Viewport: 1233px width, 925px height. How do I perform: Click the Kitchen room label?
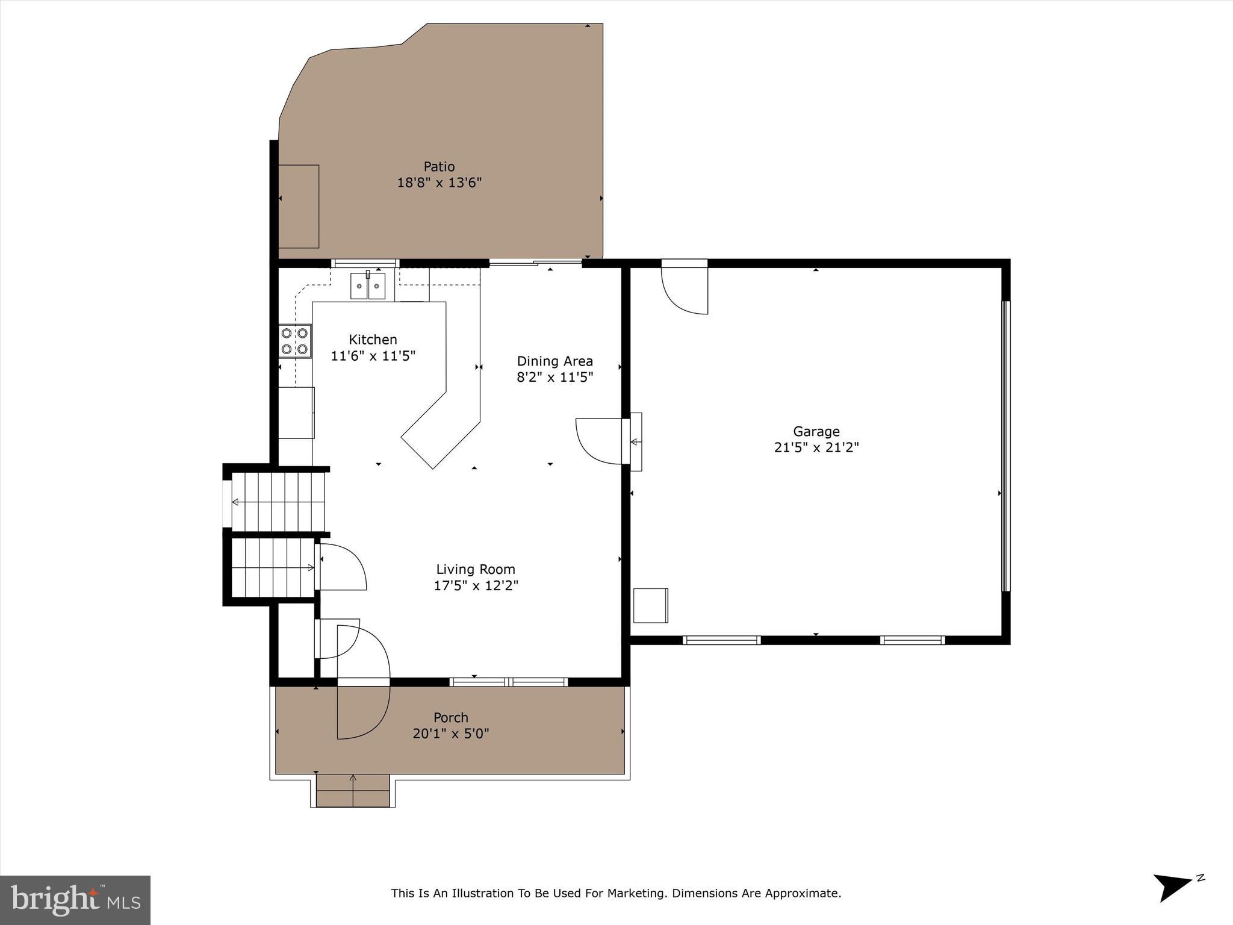[x=373, y=340]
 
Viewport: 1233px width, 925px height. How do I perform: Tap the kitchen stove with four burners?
[x=295, y=341]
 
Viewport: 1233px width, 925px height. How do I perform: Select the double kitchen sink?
[x=368, y=285]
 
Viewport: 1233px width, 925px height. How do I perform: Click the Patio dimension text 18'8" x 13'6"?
[x=439, y=182]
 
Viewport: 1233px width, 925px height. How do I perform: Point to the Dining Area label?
[x=554, y=361]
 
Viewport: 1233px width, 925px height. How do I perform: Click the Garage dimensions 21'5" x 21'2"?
[x=816, y=447]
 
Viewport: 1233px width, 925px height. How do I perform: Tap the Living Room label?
[x=475, y=569]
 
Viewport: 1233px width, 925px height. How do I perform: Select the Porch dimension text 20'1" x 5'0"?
[x=450, y=733]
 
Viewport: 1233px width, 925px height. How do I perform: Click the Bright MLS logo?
[x=75, y=900]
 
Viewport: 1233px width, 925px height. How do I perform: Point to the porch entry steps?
[x=353, y=791]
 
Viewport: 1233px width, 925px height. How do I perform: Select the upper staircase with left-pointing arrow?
[x=279, y=502]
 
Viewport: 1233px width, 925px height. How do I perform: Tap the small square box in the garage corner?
[x=650, y=605]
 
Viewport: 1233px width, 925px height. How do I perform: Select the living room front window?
[x=509, y=682]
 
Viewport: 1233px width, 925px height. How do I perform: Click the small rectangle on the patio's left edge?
[x=299, y=206]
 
